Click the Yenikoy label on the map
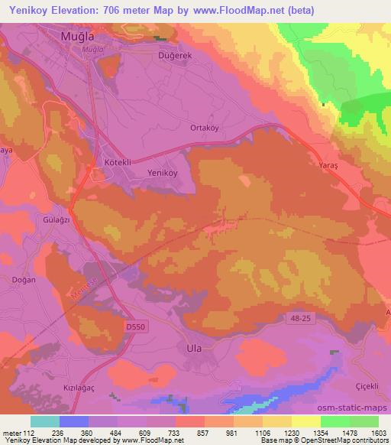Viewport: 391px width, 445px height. coord(162,173)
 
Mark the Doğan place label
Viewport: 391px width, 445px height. coord(24,280)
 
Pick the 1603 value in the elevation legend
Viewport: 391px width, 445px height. coord(376,432)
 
